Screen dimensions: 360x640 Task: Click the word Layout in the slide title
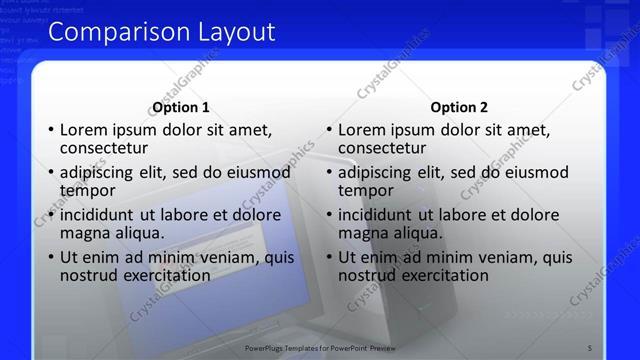(x=234, y=33)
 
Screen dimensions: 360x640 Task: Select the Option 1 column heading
(x=181, y=108)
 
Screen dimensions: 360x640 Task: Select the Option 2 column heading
(x=459, y=108)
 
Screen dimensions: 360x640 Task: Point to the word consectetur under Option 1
(x=104, y=148)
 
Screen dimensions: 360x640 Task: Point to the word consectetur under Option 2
(x=382, y=148)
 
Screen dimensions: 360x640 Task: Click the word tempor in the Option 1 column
(x=88, y=191)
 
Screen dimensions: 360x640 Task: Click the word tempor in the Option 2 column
(x=366, y=191)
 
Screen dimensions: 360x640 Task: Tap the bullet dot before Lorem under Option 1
(x=50, y=131)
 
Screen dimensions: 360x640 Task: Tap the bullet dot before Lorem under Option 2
(x=328, y=131)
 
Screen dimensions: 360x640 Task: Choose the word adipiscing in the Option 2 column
(x=381, y=173)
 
